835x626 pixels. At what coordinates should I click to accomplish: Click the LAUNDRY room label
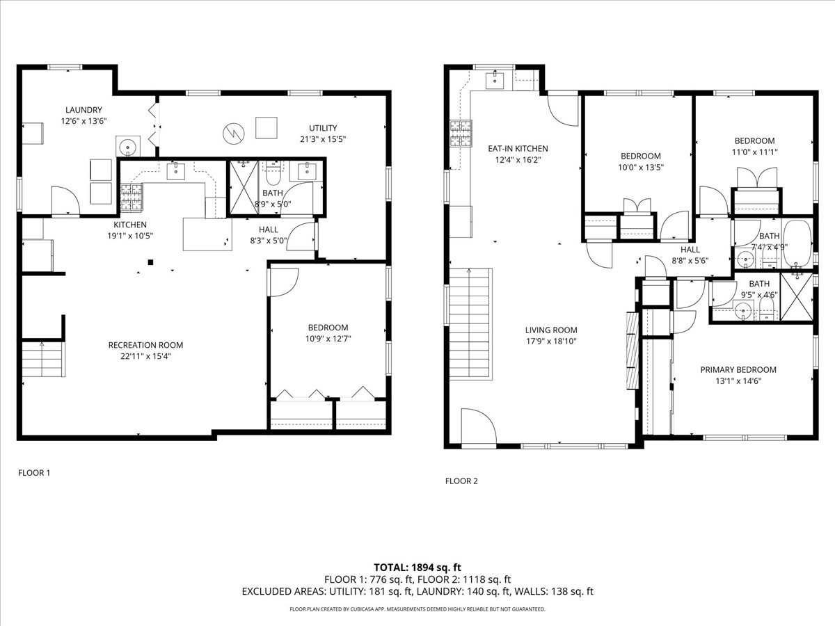point(83,110)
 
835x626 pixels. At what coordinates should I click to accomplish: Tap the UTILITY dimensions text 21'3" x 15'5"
point(323,139)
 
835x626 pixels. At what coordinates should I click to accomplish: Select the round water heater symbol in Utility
point(234,134)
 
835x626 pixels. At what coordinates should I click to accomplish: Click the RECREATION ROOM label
point(145,345)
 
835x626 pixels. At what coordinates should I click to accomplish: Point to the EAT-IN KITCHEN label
point(518,149)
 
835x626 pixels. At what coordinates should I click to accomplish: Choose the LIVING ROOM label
point(551,330)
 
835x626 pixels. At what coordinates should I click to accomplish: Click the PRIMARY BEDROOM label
point(738,370)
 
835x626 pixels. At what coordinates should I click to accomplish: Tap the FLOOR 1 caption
point(34,473)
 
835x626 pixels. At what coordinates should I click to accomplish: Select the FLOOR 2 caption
point(461,481)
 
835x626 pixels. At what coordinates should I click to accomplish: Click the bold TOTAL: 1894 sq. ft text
point(417,568)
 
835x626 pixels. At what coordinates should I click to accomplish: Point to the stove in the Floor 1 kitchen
point(132,198)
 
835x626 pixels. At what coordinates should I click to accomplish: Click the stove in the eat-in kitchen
point(461,134)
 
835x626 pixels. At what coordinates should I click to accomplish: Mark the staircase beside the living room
point(470,324)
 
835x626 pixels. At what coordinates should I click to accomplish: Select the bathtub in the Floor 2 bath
point(797,243)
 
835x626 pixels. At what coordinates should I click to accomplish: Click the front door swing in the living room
point(479,426)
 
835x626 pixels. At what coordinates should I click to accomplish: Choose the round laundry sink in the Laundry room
point(128,146)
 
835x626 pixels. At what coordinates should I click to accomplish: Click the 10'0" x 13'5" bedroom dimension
point(641,167)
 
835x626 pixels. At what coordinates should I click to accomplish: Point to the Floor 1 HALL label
point(268,230)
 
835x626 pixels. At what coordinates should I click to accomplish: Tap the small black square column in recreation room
point(150,262)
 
